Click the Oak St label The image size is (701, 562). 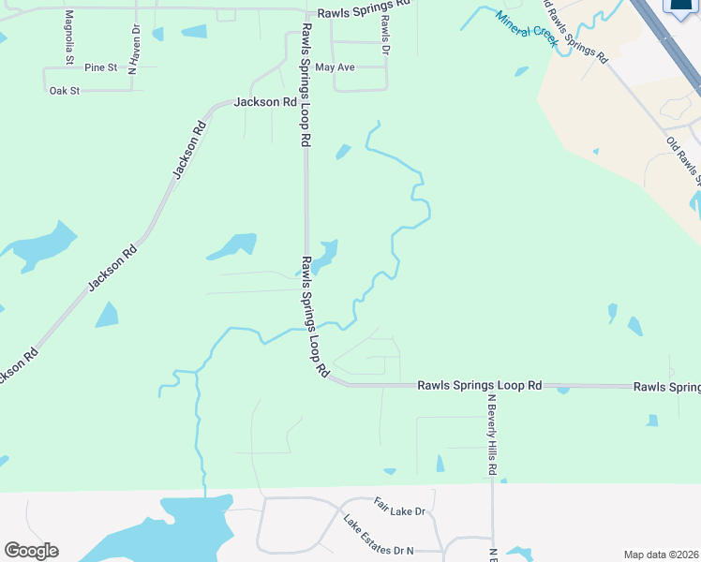tap(65, 91)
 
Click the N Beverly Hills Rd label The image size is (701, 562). tap(491, 433)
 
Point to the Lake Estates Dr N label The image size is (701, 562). tap(378, 535)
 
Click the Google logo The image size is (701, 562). tap(31, 551)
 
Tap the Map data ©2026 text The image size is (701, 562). tap(662, 555)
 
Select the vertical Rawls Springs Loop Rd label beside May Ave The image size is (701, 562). tap(306, 84)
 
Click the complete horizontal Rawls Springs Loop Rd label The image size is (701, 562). tap(480, 385)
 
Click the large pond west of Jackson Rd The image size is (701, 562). tap(42, 244)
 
